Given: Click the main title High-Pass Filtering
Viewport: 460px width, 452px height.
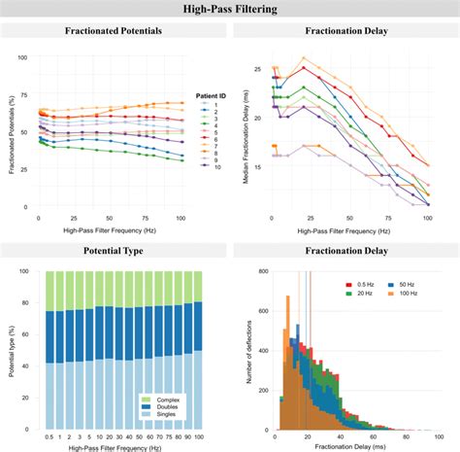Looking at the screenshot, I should pyautogui.click(x=230, y=10).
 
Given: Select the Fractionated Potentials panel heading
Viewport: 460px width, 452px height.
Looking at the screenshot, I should pyautogui.click(x=114, y=31).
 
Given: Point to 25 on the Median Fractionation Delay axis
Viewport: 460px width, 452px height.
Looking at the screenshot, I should pyautogui.click(x=259, y=70).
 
